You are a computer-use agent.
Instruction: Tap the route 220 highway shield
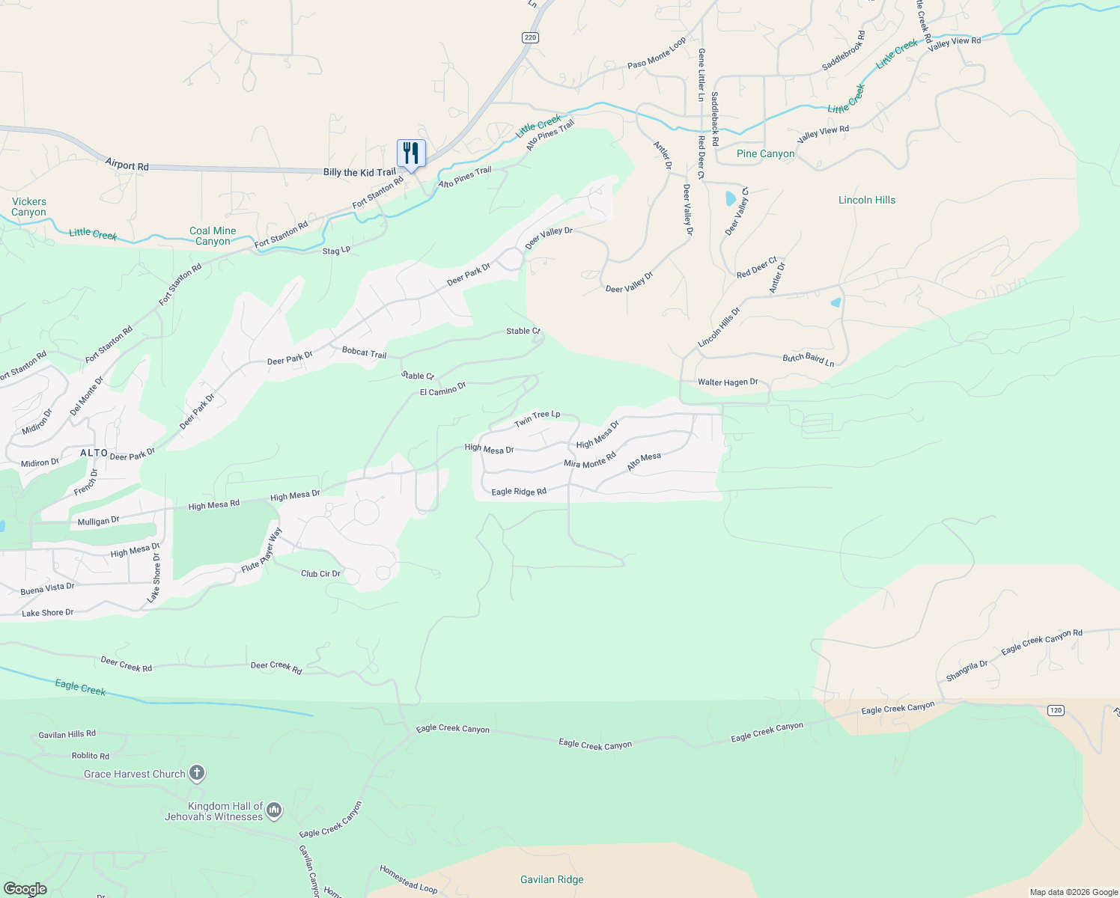(x=530, y=37)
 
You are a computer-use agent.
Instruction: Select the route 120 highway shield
(x=1056, y=710)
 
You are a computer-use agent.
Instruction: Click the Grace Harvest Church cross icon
(x=197, y=773)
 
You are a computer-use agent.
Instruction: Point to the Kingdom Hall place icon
(x=274, y=810)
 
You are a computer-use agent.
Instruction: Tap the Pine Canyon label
(x=765, y=153)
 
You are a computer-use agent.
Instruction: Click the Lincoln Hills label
(x=866, y=200)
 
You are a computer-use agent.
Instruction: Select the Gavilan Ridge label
(x=552, y=879)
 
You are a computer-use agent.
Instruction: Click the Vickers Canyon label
(x=29, y=207)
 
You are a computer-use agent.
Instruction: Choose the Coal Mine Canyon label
(x=213, y=236)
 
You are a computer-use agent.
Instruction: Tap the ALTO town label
(x=94, y=453)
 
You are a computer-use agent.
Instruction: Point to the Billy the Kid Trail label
(x=359, y=172)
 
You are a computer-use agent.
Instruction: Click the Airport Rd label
(x=127, y=165)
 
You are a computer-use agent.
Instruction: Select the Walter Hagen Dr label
(x=728, y=382)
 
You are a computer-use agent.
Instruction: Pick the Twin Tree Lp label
(x=537, y=419)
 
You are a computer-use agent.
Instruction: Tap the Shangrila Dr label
(x=967, y=671)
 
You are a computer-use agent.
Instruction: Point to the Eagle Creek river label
(x=80, y=687)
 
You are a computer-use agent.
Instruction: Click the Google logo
(x=25, y=888)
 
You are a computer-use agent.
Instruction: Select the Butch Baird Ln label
(x=808, y=359)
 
